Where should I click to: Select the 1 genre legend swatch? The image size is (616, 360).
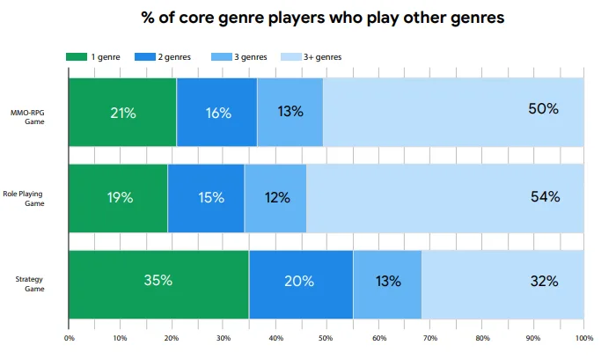(77, 57)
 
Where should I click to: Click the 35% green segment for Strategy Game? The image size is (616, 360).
(158, 283)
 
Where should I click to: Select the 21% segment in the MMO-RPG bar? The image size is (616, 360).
(122, 112)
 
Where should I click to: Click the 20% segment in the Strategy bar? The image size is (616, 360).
(301, 283)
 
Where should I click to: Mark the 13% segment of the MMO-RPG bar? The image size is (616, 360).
(290, 112)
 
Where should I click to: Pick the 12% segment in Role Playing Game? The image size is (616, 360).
(275, 197)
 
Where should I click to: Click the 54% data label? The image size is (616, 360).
(545, 196)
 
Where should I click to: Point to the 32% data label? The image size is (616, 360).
(544, 282)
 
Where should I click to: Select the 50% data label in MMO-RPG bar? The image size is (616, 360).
(544, 110)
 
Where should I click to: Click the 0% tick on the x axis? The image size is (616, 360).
(69, 337)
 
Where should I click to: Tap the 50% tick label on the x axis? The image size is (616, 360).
(326, 337)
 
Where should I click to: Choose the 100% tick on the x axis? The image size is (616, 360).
(583, 337)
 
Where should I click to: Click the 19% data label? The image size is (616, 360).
(119, 197)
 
